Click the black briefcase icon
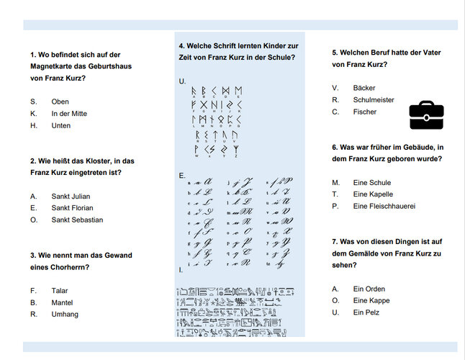(426, 114)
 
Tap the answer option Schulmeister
(374, 100)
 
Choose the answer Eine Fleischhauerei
(384, 207)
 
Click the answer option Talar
(60, 291)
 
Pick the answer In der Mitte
(69, 114)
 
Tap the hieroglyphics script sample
(236, 312)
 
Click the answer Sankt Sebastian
(77, 220)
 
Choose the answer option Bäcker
(364, 88)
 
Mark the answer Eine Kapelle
(373, 194)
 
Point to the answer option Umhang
(65, 315)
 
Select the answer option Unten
(61, 125)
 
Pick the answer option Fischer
(365, 112)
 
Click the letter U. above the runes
(182, 81)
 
